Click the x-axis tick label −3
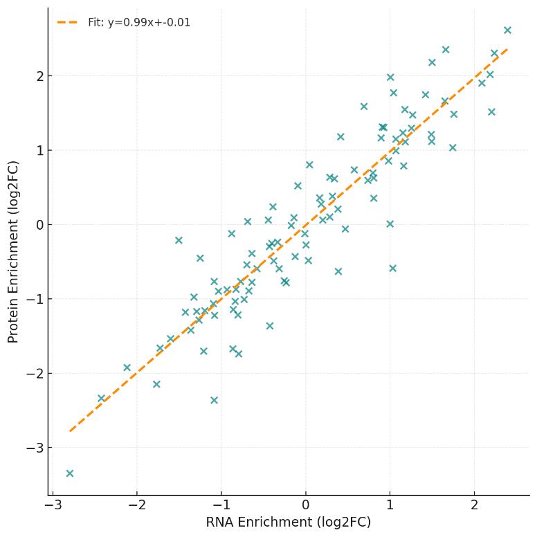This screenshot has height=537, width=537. (x=52, y=505)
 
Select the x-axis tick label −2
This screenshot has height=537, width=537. (x=136, y=505)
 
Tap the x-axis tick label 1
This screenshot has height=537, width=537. (x=390, y=505)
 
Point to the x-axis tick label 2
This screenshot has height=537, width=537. (x=474, y=505)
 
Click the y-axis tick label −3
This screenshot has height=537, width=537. (x=34, y=448)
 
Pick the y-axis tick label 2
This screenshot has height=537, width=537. (x=39, y=75)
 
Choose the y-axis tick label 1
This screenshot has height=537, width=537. (x=39, y=150)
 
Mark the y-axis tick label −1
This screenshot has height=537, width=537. (x=34, y=299)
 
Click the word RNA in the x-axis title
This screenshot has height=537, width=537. (x=219, y=522)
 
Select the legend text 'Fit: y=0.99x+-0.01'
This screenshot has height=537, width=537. (x=139, y=23)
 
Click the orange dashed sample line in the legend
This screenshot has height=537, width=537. (x=67, y=23)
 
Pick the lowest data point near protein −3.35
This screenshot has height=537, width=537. (x=69, y=473)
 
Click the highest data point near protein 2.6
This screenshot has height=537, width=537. (x=507, y=30)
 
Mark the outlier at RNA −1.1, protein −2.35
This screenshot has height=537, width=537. (x=214, y=400)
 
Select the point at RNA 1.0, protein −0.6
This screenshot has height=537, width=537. (x=392, y=268)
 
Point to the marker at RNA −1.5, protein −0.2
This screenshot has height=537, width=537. (x=179, y=240)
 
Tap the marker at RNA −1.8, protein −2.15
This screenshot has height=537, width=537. (x=156, y=384)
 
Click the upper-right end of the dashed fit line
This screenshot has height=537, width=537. (x=507, y=49)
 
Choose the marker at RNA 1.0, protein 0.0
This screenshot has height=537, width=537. (x=390, y=224)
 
